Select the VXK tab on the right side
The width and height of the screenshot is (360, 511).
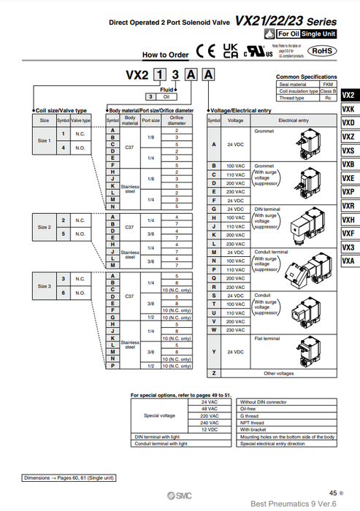tap(348, 109)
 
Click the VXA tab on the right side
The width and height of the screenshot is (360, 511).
tap(348, 261)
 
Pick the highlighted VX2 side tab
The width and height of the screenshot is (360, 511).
tap(348, 95)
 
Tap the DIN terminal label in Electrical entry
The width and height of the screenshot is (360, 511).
tap(266, 210)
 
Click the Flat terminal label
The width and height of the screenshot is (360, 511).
tap(267, 339)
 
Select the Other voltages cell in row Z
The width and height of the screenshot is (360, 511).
tap(278, 373)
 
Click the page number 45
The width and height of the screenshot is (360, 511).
tap(332, 493)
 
